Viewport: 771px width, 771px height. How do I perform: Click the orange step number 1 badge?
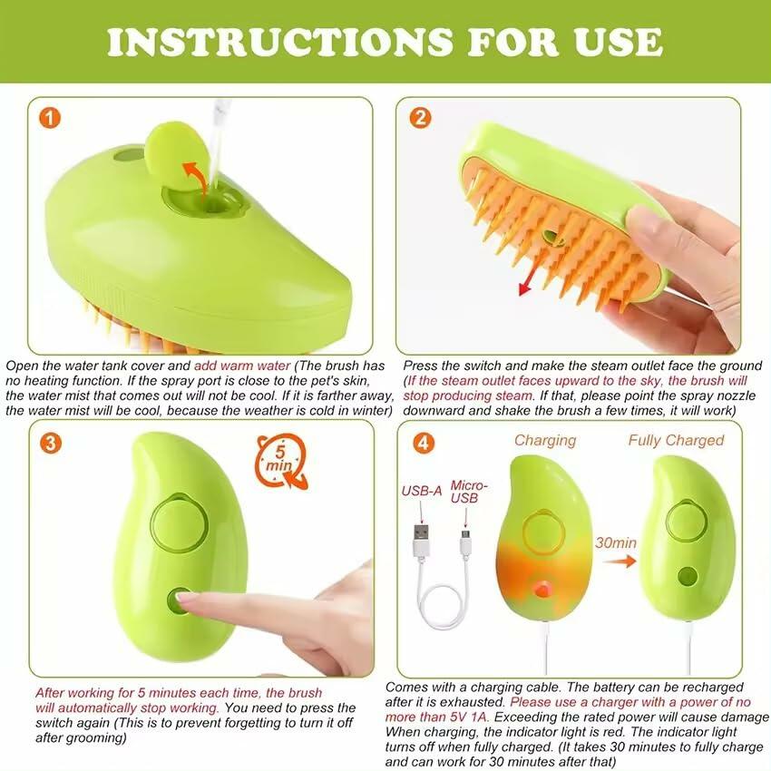tap(51, 118)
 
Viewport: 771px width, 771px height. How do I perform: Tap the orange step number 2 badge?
tap(420, 118)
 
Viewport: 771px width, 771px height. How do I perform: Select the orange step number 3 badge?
tap(52, 443)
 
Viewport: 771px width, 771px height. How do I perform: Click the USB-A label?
tap(422, 492)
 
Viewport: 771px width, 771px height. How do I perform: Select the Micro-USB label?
tap(467, 493)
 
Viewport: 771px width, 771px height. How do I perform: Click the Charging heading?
tap(545, 441)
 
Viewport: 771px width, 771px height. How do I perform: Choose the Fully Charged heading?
tap(676, 441)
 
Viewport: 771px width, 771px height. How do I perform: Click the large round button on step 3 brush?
tap(179, 524)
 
